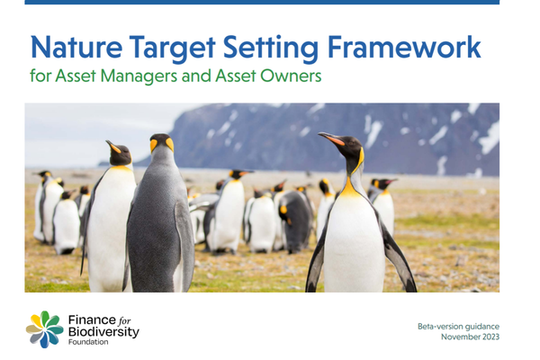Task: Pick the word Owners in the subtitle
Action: pos(291,77)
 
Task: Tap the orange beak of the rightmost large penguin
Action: pos(331,139)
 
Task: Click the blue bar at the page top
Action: pos(270,3)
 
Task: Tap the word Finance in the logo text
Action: pos(89,319)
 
